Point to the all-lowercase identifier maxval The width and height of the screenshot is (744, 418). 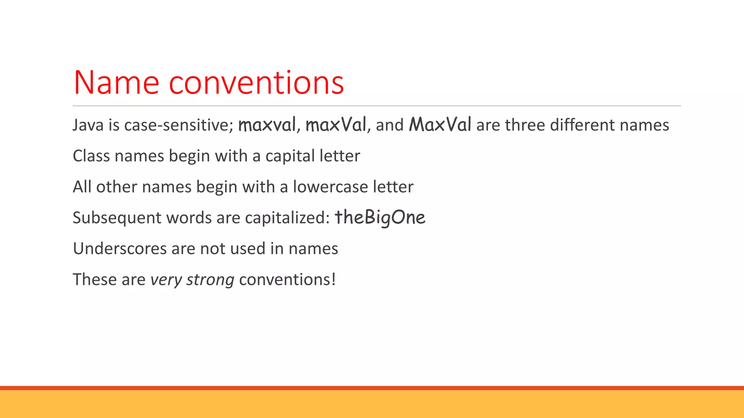[267, 125]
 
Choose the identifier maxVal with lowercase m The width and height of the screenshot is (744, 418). [336, 125]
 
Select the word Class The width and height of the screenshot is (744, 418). [91, 156]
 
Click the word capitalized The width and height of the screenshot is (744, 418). [287, 218]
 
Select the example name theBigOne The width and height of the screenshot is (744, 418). [380, 218]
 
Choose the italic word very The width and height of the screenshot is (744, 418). [166, 280]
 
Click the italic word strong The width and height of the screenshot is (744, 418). [210, 280]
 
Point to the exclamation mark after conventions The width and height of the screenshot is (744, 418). [333, 280]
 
